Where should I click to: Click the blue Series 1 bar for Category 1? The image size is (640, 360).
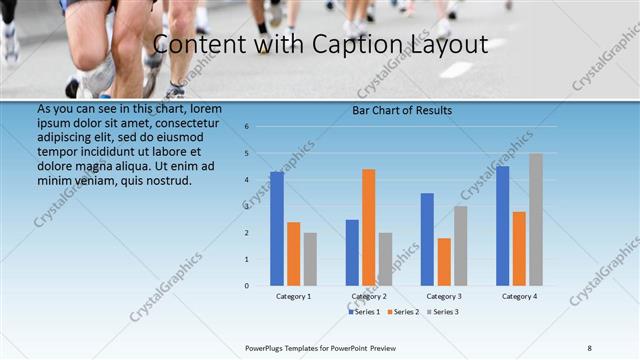pyautogui.click(x=277, y=229)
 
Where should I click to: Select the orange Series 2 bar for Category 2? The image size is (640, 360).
pyautogui.click(x=369, y=227)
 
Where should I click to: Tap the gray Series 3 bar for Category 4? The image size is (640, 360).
pyautogui.click(x=536, y=219)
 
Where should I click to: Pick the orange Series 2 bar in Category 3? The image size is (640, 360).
pyautogui.click(x=444, y=262)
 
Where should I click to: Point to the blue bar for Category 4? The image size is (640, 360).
pyautogui.click(x=502, y=226)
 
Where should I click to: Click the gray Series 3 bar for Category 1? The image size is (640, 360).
pyautogui.click(x=310, y=259)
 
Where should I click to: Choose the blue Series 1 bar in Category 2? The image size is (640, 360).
pyautogui.click(x=352, y=252)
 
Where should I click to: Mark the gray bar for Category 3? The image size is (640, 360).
pyautogui.click(x=460, y=245)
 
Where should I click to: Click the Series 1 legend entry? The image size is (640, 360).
pyautogui.click(x=364, y=312)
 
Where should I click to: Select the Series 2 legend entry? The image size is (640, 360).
pyautogui.click(x=402, y=312)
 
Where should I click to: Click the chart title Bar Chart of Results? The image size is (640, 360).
pyautogui.click(x=402, y=110)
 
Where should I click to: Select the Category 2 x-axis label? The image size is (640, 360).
pyautogui.click(x=369, y=296)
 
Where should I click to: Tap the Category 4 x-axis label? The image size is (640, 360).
pyautogui.click(x=519, y=296)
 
